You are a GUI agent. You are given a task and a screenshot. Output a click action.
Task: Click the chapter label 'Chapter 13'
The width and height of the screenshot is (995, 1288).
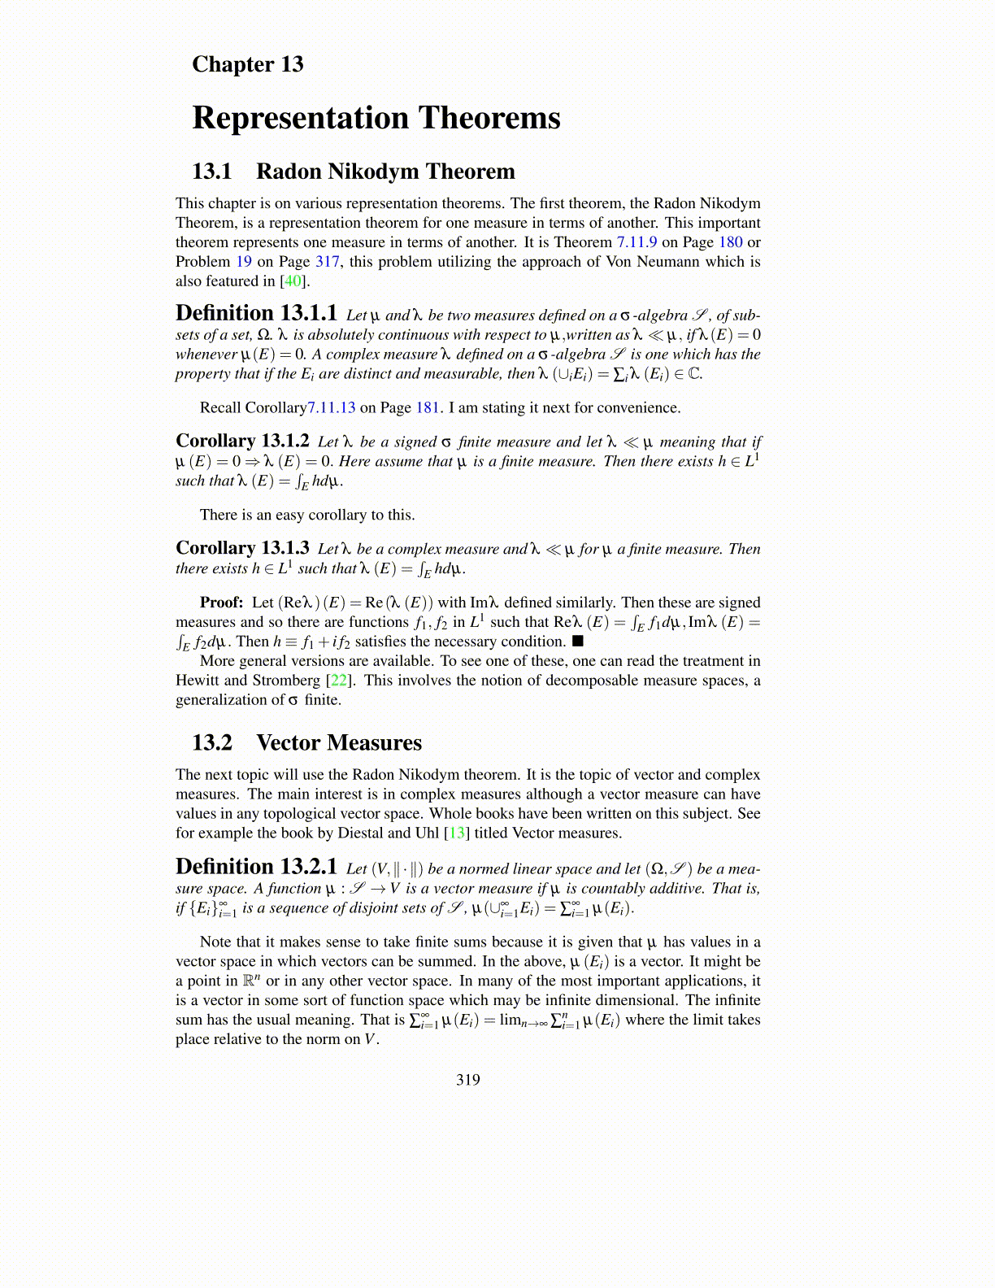coord(247,64)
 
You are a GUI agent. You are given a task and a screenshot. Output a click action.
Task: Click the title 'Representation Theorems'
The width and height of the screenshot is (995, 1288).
coord(376,118)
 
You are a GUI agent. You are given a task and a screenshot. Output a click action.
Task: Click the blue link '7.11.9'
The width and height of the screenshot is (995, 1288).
coord(637,242)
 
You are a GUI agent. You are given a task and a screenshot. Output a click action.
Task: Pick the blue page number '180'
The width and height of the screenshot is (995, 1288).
coord(730,242)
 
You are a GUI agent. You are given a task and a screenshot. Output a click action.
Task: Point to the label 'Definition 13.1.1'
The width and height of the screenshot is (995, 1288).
coord(256,314)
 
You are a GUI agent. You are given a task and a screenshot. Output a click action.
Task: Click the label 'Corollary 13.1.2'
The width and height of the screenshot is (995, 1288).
coord(242,442)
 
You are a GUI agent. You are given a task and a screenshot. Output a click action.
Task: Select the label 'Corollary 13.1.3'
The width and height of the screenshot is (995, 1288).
coord(242,549)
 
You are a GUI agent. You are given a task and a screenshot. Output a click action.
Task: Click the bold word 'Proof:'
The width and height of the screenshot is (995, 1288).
coord(222,603)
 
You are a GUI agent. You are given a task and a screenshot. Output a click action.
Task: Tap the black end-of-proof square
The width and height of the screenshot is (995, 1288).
coord(578,642)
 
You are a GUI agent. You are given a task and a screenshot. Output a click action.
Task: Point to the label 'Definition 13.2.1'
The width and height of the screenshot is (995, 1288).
coord(256,868)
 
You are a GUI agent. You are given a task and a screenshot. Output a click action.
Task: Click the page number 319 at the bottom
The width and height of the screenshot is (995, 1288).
coord(468,1080)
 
